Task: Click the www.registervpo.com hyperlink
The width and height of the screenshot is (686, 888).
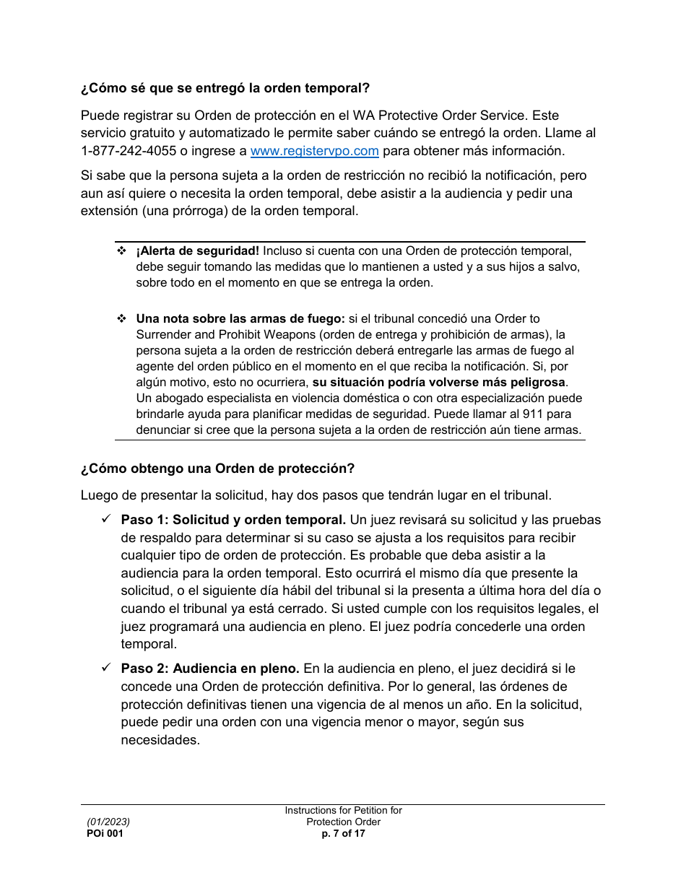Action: [x=314, y=151]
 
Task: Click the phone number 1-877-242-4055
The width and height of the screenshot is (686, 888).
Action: [x=128, y=151]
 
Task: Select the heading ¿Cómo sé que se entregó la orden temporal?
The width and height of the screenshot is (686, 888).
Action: [x=225, y=88]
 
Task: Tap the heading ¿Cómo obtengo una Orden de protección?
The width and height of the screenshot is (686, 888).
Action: [x=217, y=469]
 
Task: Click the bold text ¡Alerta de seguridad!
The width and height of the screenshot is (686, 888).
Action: [x=197, y=251]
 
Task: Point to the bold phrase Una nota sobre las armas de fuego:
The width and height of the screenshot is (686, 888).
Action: [x=240, y=318]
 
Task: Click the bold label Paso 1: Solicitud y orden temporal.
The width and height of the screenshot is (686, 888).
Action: [x=233, y=520]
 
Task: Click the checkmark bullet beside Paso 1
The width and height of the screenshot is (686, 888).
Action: [x=105, y=520]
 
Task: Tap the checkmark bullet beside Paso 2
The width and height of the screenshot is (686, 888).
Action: [x=105, y=669]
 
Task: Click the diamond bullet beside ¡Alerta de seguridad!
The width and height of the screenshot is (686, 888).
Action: [x=121, y=251]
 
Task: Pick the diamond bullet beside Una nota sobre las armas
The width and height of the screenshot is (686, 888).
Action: [x=121, y=318]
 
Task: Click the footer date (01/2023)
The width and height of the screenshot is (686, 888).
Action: [x=108, y=822]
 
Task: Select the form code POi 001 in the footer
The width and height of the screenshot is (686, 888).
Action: [x=105, y=833]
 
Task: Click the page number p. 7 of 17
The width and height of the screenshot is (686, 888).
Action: [x=343, y=833]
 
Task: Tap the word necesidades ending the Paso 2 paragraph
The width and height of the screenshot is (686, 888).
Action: [x=160, y=740]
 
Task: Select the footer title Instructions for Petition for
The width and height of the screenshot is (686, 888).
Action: [x=343, y=811]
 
